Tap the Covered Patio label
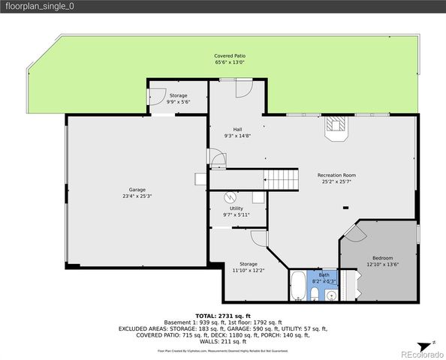(x=230, y=56)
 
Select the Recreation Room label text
(x=335, y=175)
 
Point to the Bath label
(x=324, y=274)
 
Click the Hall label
(x=237, y=128)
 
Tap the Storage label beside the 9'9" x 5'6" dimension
(x=178, y=96)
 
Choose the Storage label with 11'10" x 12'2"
(x=249, y=264)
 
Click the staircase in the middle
(x=283, y=179)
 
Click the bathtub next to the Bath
(x=298, y=286)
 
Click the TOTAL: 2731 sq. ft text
(x=222, y=316)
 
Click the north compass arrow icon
(x=434, y=343)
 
